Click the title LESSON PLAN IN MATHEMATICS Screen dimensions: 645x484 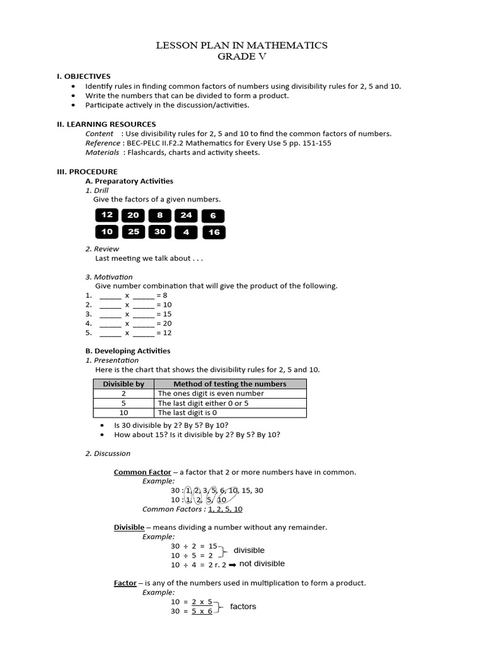(x=241, y=45)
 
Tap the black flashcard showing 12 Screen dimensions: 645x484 (x=107, y=215)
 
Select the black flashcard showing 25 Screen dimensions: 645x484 (x=134, y=232)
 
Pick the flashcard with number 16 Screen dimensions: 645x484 (x=214, y=232)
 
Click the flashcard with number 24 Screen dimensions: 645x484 (x=187, y=215)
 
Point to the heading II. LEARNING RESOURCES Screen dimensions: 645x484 (x=107, y=124)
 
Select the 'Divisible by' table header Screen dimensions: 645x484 (x=124, y=384)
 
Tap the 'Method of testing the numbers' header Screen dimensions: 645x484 (x=230, y=384)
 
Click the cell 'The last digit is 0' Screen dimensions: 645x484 (x=187, y=413)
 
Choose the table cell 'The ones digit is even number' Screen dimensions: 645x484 (x=210, y=393)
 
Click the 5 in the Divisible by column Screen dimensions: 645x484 (x=124, y=403)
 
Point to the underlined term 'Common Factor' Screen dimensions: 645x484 (x=142, y=472)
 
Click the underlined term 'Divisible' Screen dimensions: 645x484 (x=129, y=527)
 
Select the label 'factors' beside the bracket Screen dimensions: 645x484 (x=243, y=607)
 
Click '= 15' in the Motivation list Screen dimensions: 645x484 (x=163, y=314)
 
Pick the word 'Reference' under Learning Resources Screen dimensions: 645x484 (x=102, y=143)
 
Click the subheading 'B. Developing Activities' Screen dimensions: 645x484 (x=127, y=351)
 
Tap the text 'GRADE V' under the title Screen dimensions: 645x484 (x=241, y=56)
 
